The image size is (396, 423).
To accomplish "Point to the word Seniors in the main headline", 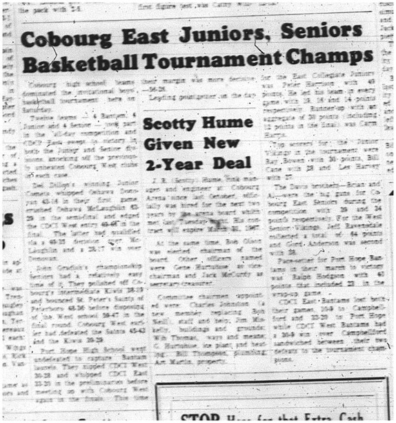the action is [x=317, y=32].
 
